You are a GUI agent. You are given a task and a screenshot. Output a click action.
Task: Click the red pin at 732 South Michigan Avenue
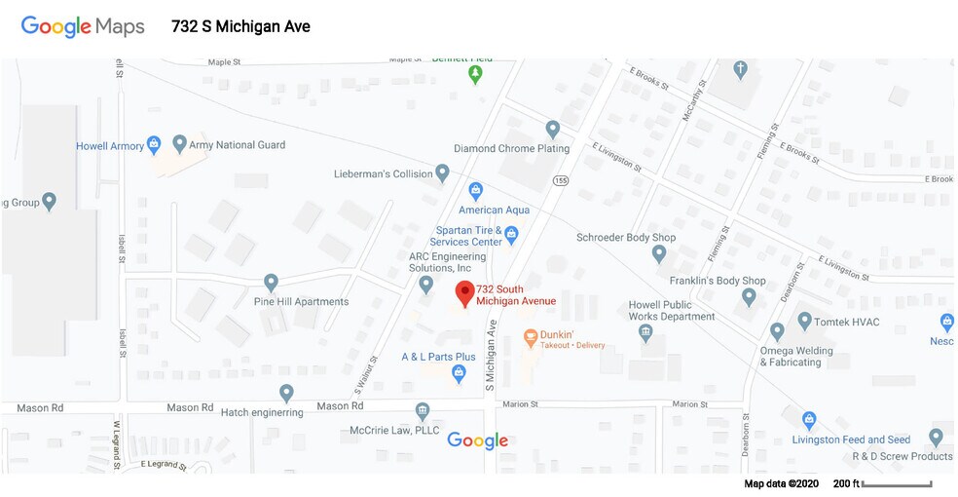(x=465, y=291)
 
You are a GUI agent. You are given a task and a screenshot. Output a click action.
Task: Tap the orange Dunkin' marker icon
(x=531, y=338)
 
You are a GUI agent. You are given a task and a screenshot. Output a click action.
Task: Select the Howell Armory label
(x=109, y=146)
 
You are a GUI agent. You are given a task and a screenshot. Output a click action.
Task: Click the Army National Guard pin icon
(x=179, y=144)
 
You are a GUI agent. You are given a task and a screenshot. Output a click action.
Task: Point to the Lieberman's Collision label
(x=383, y=174)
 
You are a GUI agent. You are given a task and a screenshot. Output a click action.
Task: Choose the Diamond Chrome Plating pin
(x=553, y=128)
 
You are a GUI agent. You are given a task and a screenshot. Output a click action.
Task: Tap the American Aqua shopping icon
(x=476, y=190)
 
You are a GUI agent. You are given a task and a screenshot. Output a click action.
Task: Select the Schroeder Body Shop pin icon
(x=659, y=254)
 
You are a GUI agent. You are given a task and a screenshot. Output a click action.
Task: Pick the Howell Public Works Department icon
(x=645, y=333)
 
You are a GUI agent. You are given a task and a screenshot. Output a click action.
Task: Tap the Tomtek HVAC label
(x=845, y=321)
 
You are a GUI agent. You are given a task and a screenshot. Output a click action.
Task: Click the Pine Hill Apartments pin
(x=272, y=283)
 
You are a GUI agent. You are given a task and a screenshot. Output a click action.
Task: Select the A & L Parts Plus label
(x=438, y=357)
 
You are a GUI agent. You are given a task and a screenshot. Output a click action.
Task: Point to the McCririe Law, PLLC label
(x=394, y=431)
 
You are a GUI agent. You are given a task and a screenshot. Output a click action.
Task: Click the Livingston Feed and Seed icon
(x=808, y=420)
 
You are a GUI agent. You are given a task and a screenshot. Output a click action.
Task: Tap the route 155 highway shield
(x=561, y=180)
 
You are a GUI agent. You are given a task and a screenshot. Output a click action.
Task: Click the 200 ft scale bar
(x=897, y=484)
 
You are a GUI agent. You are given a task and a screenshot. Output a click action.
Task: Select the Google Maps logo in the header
(x=83, y=26)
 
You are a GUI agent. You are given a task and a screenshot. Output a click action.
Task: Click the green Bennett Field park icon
(x=475, y=73)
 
